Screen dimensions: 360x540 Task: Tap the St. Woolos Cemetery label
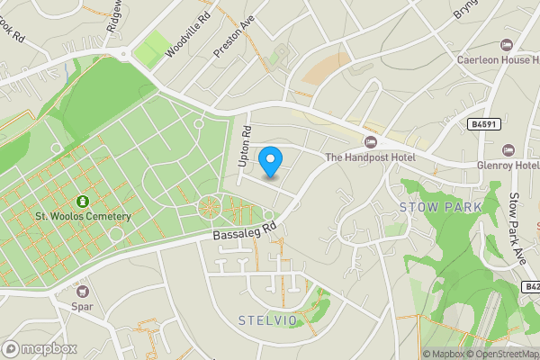point(83,216)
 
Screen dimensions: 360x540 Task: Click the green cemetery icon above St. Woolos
point(83,201)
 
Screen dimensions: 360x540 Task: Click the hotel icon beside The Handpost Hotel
point(370,141)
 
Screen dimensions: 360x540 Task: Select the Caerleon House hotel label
point(498,59)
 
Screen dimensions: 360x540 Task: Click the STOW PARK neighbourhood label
point(440,207)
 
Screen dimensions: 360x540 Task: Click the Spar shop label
point(84,306)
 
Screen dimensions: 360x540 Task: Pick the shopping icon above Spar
point(84,291)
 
